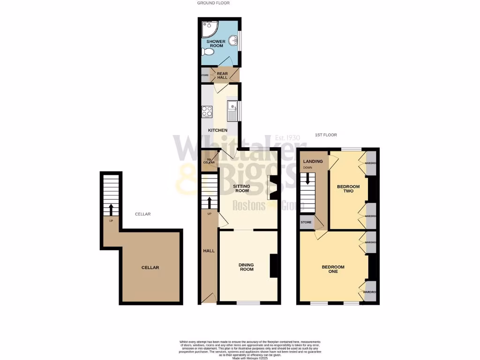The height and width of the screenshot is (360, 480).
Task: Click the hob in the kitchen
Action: pyautogui.click(x=207, y=112)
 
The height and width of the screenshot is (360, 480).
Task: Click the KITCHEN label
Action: pyautogui.click(x=218, y=130)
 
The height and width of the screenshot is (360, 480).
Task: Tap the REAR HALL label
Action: pyautogui.click(x=222, y=75)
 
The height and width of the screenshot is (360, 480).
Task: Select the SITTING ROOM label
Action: pyautogui.click(x=242, y=188)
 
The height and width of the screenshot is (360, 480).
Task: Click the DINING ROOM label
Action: pyautogui.click(x=247, y=267)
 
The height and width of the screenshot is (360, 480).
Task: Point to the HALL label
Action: pyautogui.click(x=209, y=251)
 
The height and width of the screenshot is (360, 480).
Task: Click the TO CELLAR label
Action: pyautogui.click(x=209, y=161)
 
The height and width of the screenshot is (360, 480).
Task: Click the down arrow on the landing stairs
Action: pyautogui.click(x=307, y=179)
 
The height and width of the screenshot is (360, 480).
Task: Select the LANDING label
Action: pyautogui.click(x=313, y=162)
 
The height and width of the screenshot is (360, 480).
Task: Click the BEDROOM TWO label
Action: pyautogui.click(x=348, y=189)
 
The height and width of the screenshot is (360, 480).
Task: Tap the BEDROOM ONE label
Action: pyautogui.click(x=333, y=269)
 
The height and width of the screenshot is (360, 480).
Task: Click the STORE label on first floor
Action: pyautogui.click(x=306, y=223)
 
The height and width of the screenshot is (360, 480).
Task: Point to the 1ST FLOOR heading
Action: pyautogui.click(x=326, y=135)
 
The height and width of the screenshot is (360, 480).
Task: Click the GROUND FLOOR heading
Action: pyautogui.click(x=213, y=3)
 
